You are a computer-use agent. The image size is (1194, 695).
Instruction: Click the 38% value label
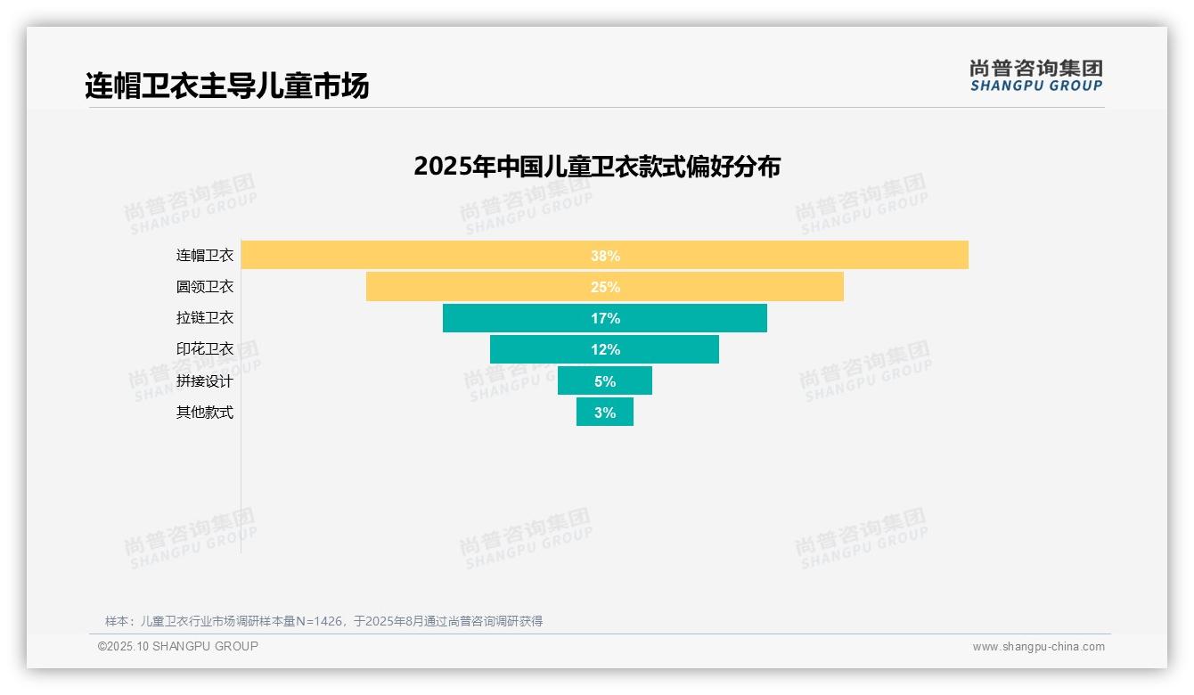pyautogui.click(x=605, y=256)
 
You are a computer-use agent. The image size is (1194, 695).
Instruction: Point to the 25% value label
pyautogui.click(x=605, y=287)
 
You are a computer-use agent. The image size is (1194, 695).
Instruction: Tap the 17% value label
pyautogui.click(x=605, y=318)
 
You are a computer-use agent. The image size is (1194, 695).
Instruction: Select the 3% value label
pyautogui.click(x=605, y=413)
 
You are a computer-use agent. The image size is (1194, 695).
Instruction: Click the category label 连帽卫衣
pyautogui.click(x=205, y=256)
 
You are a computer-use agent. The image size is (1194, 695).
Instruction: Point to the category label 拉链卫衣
pyautogui.click(x=205, y=318)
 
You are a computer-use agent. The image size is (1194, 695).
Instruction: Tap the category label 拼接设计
pyautogui.click(x=205, y=381)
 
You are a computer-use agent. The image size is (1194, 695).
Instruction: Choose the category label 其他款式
pyautogui.click(x=205, y=413)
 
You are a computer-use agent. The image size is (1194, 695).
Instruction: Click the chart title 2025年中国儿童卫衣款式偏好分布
pyautogui.click(x=597, y=167)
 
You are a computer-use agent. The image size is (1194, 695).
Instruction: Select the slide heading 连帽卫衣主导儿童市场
pyautogui.click(x=227, y=86)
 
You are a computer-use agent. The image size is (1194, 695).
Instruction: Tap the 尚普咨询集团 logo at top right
pyautogui.click(x=1036, y=76)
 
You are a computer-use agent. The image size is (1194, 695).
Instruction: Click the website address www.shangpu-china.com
pyautogui.click(x=1038, y=647)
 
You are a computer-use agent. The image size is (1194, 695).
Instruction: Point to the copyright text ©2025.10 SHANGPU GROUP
pyautogui.click(x=178, y=646)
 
